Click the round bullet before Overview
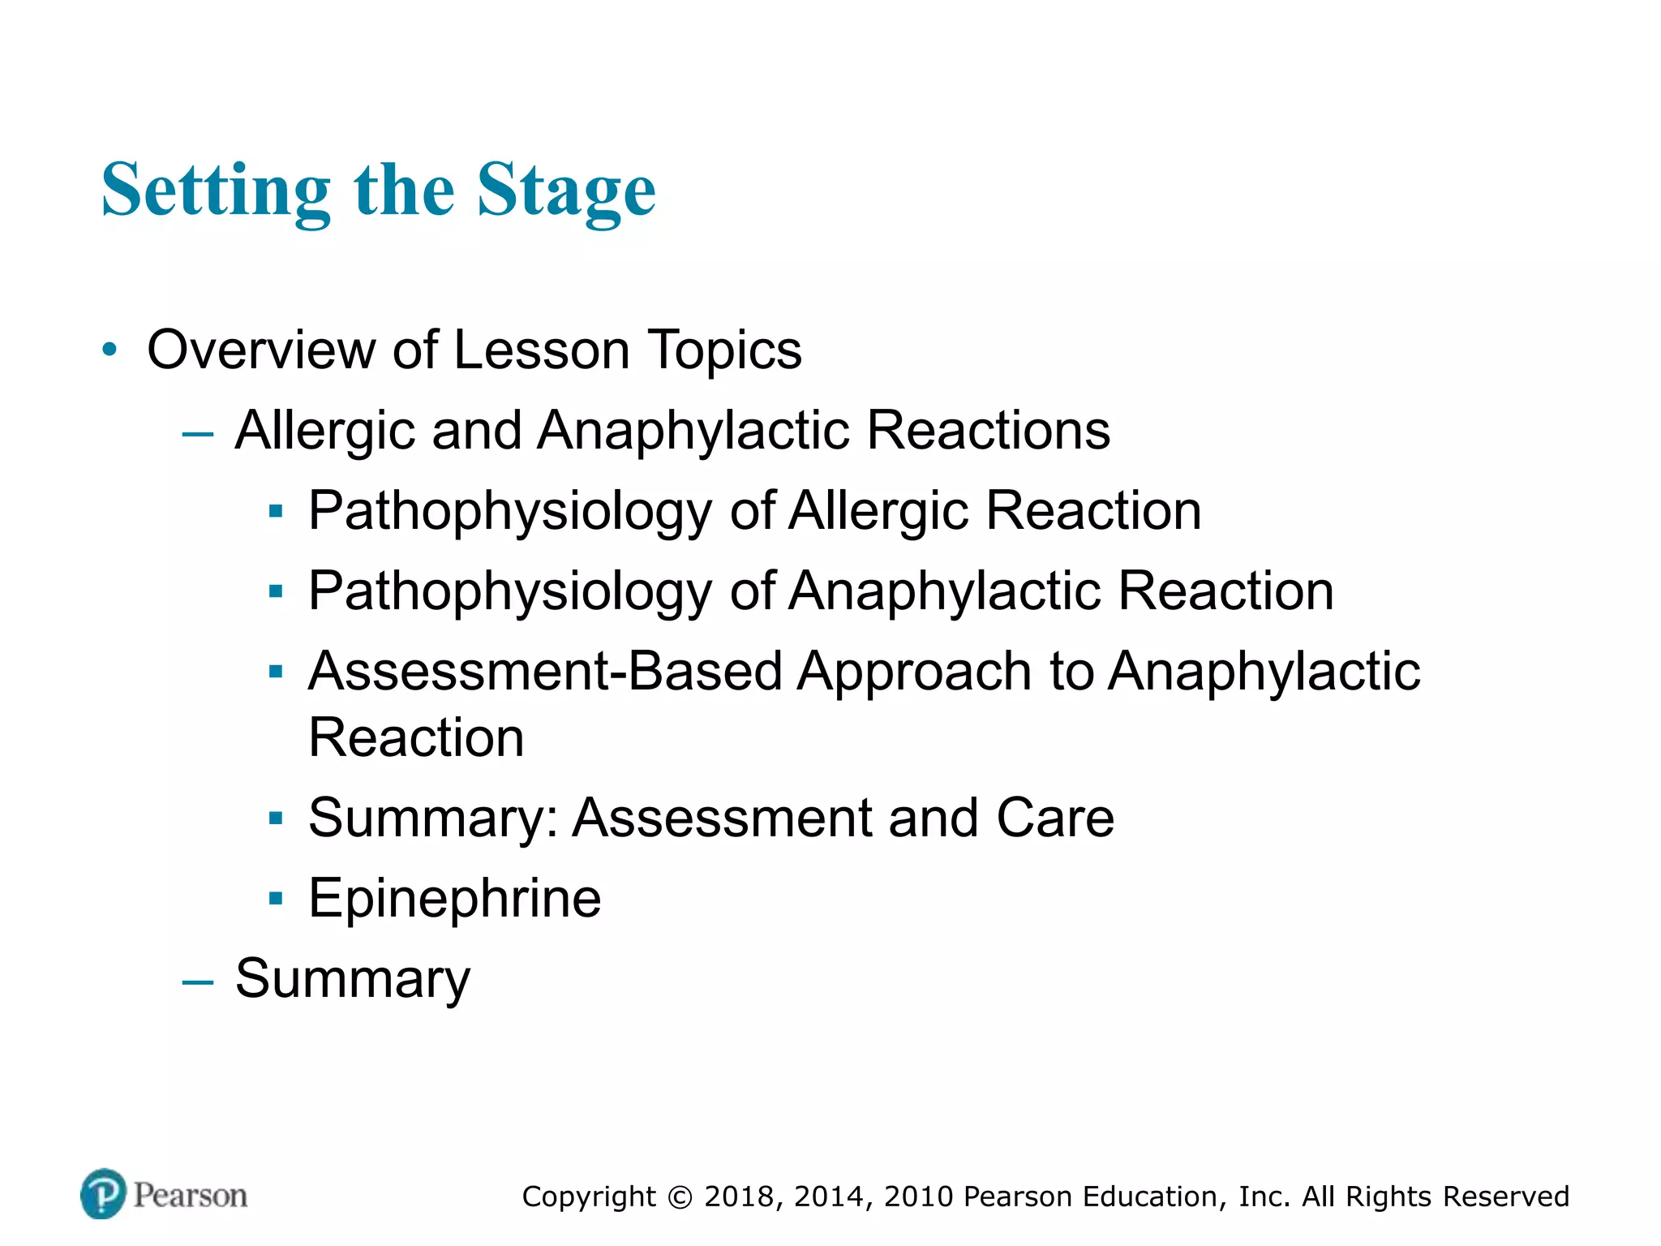pos(110,350)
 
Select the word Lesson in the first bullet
pos(541,350)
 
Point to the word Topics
pos(724,350)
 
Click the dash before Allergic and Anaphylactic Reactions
pos(198,434)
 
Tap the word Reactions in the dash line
pos(988,430)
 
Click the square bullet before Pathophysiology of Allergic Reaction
pos(277,511)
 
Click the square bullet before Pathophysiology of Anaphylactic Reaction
pos(277,591)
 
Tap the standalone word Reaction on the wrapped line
pos(416,737)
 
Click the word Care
pos(1055,817)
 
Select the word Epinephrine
pos(455,898)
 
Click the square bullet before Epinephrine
pos(277,898)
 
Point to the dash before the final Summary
pos(198,982)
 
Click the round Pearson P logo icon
pos(104,1193)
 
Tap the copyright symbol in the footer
pos(680,1197)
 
